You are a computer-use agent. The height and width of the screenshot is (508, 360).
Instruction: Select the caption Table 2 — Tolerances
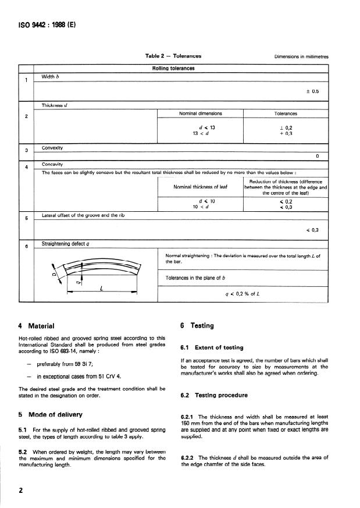[173, 56]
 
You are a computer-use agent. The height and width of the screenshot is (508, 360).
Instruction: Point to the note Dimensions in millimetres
[301, 57]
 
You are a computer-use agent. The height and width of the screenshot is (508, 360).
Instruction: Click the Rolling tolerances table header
[173, 68]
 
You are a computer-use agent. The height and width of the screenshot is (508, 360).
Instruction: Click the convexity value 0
[318, 156]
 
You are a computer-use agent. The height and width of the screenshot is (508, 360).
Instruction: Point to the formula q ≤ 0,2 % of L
[242, 294]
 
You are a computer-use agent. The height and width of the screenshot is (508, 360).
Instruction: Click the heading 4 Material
[37, 326]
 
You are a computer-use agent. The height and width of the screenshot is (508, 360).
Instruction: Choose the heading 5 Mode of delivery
[51, 414]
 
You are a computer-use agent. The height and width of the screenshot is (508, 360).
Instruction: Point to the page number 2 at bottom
[20, 491]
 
